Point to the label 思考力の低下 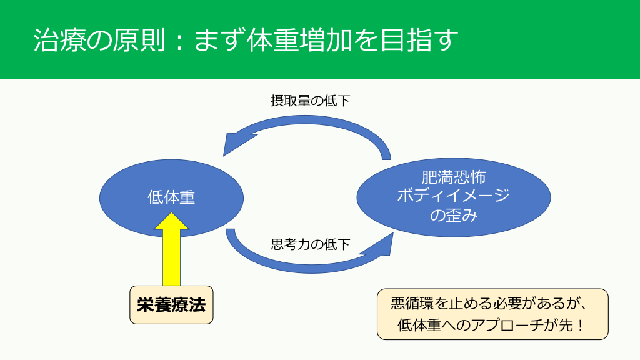coord(310,244)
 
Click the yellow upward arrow coord(171,250)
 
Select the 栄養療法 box coord(171,305)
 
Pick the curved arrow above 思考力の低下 coord(300,264)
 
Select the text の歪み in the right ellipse coord(453,216)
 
